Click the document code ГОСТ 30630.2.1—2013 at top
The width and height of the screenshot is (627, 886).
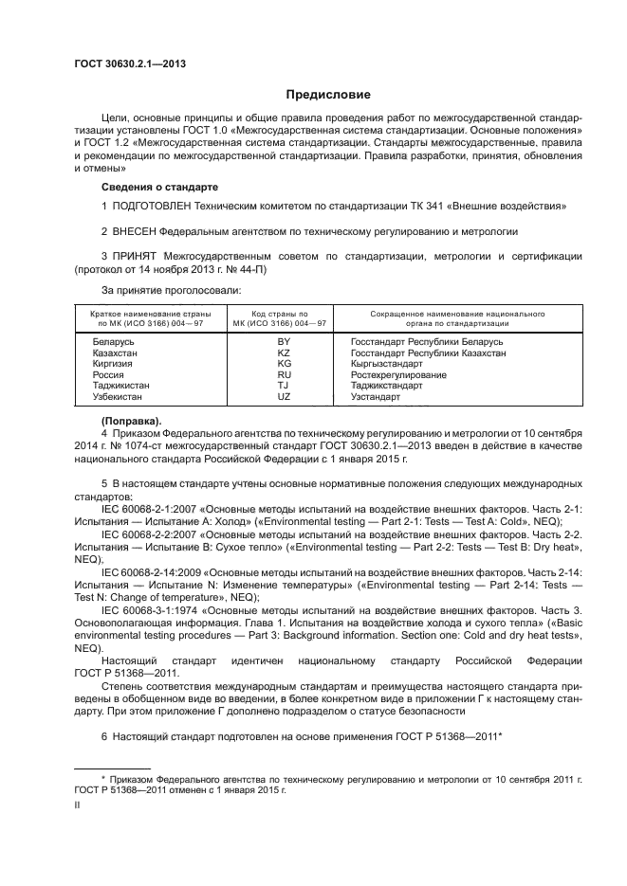(x=129, y=63)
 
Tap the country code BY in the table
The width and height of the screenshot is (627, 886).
(x=284, y=340)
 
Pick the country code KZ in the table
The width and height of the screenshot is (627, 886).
(x=284, y=353)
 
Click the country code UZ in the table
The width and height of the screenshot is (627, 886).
(x=284, y=398)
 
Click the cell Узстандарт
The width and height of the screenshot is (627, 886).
(x=377, y=398)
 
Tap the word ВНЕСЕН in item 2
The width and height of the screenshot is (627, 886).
(x=141, y=230)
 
